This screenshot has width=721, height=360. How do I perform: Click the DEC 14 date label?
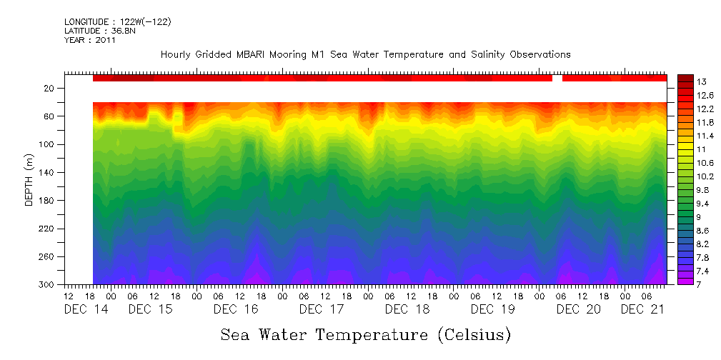(x=86, y=309)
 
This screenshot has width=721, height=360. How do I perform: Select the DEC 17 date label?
(x=321, y=309)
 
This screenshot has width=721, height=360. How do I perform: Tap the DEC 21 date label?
(x=642, y=309)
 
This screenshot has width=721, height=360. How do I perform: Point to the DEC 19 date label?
(x=492, y=309)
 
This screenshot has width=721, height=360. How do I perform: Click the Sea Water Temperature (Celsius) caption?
(x=365, y=334)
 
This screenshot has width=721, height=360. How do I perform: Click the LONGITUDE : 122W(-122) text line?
(x=117, y=22)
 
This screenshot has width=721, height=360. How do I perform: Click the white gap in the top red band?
(x=557, y=78)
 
